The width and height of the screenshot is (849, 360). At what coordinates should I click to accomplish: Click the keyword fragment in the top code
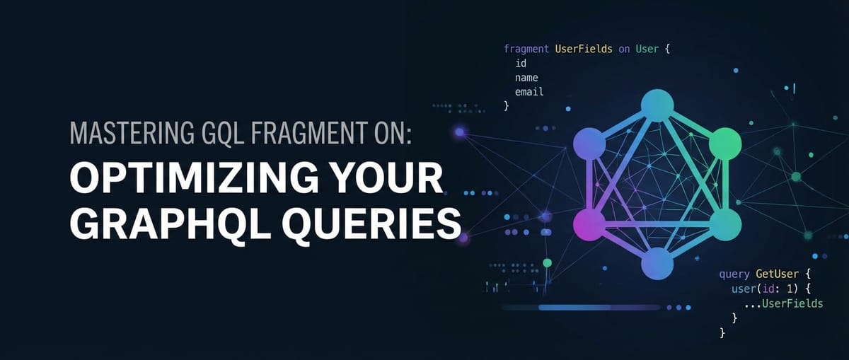tap(526, 50)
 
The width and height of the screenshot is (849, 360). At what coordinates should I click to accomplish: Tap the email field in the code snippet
tap(529, 92)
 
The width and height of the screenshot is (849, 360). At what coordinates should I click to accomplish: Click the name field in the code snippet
tap(526, 78)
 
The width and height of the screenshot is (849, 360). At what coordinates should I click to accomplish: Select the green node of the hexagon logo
tap(724, 144)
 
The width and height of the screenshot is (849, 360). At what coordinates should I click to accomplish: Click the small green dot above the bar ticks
tap(547, 263)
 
